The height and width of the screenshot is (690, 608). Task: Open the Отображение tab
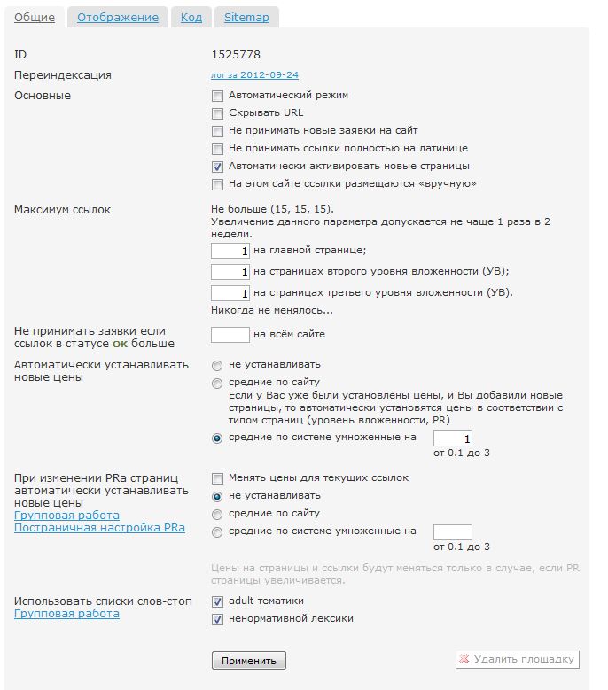[118, 17]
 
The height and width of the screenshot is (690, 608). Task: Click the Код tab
[191, 17]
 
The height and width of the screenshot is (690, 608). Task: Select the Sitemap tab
[246, 17]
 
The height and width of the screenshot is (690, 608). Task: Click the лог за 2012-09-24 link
[261, 75]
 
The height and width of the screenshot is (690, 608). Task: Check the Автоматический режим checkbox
[217, 95]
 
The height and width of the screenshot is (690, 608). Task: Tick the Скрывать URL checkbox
[217, 112]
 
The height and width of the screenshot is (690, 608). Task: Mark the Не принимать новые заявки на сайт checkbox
[217, 130]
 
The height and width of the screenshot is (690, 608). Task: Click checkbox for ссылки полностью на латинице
[217, 148]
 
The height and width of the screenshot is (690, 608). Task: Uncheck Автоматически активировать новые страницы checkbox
[217, 166]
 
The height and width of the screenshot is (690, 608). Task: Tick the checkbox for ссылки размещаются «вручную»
[217, 184]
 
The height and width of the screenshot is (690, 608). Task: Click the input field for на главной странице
[230, 252]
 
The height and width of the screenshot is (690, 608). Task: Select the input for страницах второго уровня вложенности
[230, 272]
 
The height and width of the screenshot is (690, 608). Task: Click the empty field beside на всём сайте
[230, 335]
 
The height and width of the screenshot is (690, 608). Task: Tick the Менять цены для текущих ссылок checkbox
[217, 478]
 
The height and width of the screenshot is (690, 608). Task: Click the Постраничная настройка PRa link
[99, 528]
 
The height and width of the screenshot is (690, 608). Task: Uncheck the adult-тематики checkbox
[217, 601]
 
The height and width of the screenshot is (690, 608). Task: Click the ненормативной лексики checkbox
[217, 619]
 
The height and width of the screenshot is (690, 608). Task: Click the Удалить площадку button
[518, 659]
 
